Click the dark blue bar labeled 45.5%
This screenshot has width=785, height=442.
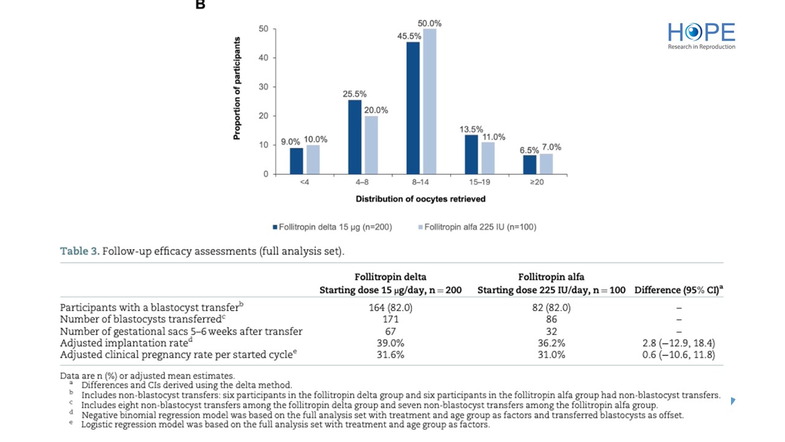tap(413, 108)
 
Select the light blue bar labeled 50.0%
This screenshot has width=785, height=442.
tap(429, 101)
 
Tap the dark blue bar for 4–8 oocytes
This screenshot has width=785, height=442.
tap(354, 137)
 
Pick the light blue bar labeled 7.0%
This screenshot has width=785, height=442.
tap(545, 164)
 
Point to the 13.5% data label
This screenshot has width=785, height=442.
tap(471, 130)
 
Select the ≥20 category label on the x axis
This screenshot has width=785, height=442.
tap(537, 182)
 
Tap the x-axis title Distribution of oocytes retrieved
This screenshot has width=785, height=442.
tap(421, 200)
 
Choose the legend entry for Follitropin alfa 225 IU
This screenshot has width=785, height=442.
tap(477, 227)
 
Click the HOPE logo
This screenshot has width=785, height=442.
tap(702, 36)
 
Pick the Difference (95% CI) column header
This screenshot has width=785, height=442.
tap(678, 290)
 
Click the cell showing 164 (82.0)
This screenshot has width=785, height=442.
tap(390, 308)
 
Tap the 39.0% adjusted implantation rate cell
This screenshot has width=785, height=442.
tap(390, 343)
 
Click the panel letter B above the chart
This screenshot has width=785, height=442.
tap(201, 5)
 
